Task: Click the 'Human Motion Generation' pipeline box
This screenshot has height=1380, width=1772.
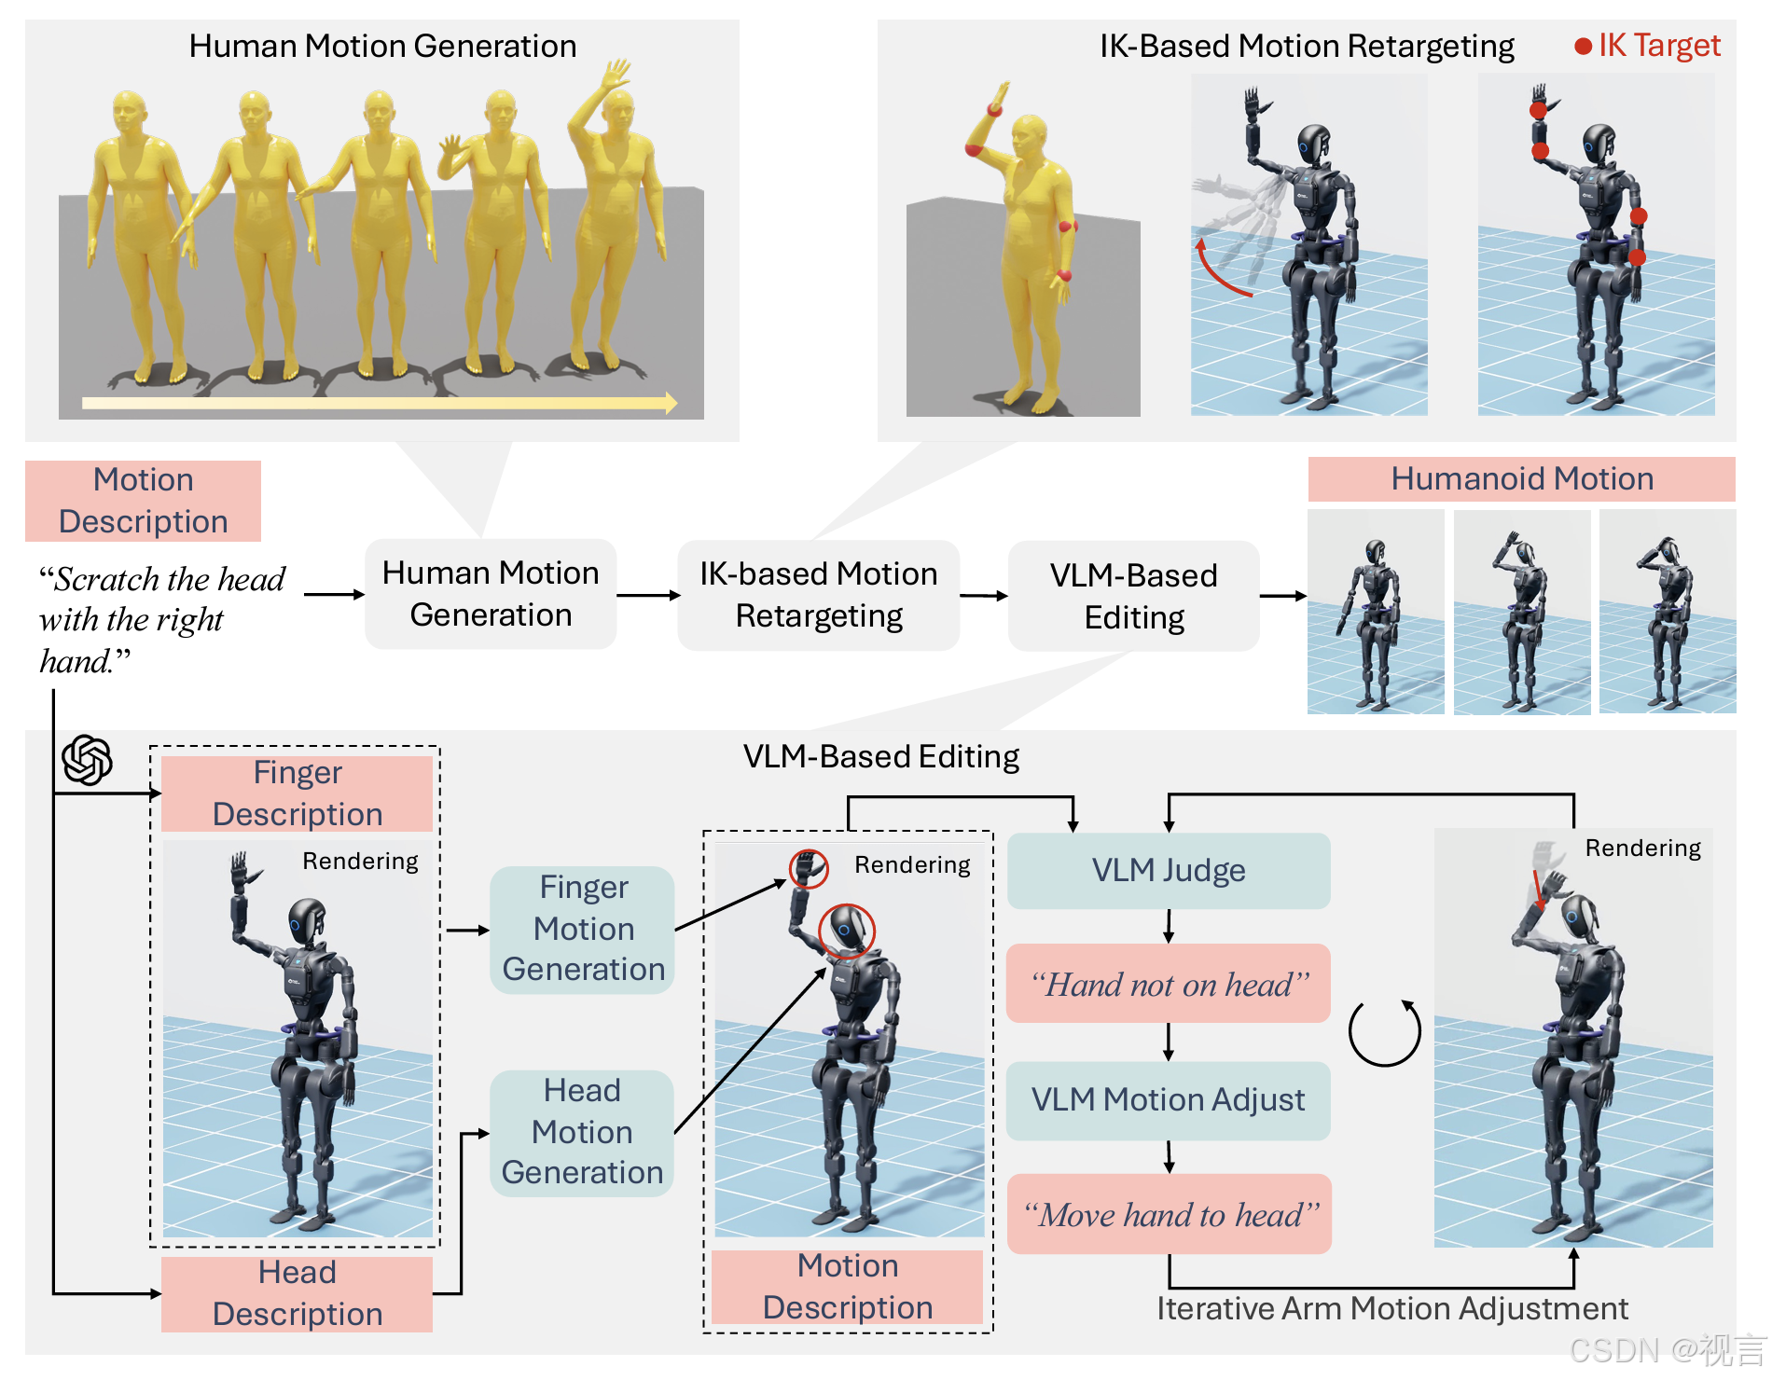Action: point(491,594)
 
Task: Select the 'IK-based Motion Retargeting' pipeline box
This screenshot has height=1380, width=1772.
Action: point(818,595)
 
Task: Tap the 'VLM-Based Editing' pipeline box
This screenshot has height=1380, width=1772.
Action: point(1133,596)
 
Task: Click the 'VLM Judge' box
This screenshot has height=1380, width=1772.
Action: point(1169,871)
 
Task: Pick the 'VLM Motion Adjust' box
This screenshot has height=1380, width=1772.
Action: point(1169,1100)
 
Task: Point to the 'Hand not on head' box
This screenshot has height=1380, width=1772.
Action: point(1169,985)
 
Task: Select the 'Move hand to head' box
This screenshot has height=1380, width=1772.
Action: point(1170,1214)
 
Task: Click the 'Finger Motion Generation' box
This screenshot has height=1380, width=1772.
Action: point(583,929)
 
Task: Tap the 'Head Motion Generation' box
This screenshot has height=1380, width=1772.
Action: point(582,1132)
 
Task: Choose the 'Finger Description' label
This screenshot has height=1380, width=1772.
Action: point(297,793)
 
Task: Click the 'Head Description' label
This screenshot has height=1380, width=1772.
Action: point(297,1293)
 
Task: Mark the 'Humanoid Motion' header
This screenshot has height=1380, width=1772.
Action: point(1521,479)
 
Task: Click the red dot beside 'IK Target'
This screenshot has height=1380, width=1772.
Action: point(1583,46)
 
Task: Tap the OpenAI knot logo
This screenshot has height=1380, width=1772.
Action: point(88,760)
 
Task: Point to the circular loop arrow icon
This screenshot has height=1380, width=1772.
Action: point(1385,1032)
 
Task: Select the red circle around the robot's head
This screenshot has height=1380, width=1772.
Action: point(847,931)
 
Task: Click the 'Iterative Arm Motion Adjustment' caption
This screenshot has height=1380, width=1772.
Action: point(1392,1309)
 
